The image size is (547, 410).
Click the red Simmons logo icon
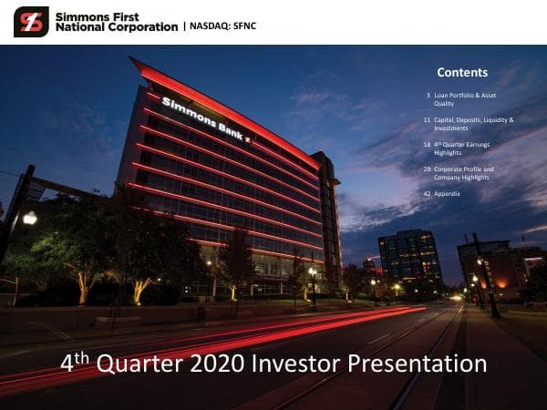click(x=31, y=21)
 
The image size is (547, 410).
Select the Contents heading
click(x=462, y=73)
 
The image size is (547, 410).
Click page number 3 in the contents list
click(x=428, y=95)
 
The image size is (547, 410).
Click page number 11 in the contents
click(x=427, y=119)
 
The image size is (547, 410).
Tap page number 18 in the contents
click(x=427, y=144)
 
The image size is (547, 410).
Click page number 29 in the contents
click(x=427, y=169)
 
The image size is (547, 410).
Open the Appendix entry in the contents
click(x=449, y=193)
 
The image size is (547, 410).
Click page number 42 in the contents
click(x=427, y=193)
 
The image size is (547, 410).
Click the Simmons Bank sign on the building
click(x=206, y=118)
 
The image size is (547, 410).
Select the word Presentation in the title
click(x=419, y=364)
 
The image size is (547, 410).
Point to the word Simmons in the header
click(x=81, y=16)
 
